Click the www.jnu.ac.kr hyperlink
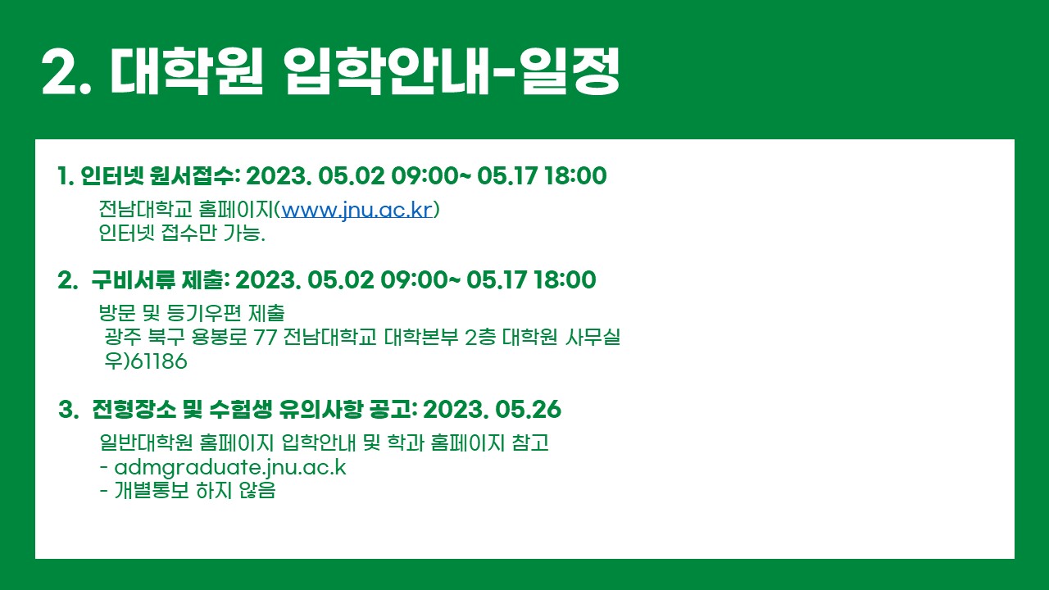pyautogui.click(x=356, y=210)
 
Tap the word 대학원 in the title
pyautogui.click(x=186, y=71)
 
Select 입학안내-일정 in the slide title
pyautogui.click(x=452, y=71)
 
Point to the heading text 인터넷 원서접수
pyautogui.click(x=157, y=175)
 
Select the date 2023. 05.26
pyautogui.click(x=492, y=409)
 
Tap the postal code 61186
pyautogui.click(x=159, y=361)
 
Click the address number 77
pyautogui.click(x=265, y=337)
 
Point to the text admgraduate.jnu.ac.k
pyautogui.click(x=230, y=467)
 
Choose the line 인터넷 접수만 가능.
pyautogui.click(x=182, y=233)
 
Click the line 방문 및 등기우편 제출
pyautogui.click(x=192, y=313)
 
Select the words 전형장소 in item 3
pyautogui.click(x=134, y=409)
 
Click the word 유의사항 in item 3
pyautogui.click(x=320, y=409)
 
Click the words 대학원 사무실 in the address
pyautogui.click(x=561, y=337)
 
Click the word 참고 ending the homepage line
pyautogui.click(x=530, y=442)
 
